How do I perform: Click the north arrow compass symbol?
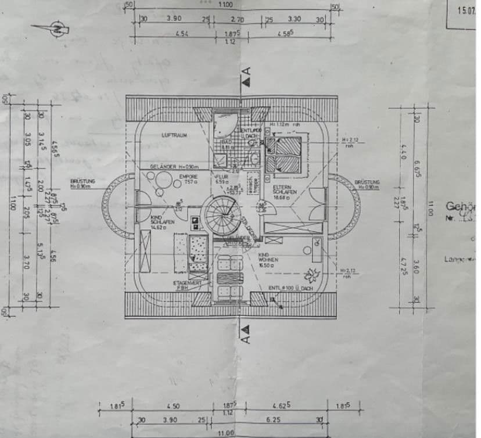tap(56, 27)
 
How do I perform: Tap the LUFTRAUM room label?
tap(174, 135)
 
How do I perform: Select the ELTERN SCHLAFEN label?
tap(285, 189)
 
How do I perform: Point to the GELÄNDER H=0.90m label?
tap(175, 167)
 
